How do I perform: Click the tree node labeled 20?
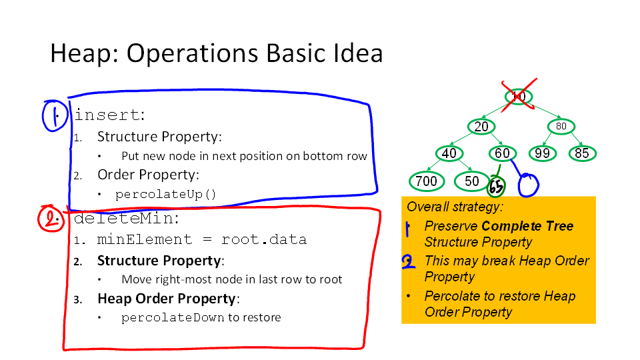point(481,127)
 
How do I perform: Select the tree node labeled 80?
point(561,126)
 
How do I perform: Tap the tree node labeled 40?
point(449,153)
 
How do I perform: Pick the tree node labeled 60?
point(503,153)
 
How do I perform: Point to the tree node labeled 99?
point(542,153)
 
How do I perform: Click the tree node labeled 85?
point(583,153)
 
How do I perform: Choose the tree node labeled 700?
point(427,181)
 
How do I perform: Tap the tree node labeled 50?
point(472,181)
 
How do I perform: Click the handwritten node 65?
point(496,187)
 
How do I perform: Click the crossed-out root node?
point(519,96)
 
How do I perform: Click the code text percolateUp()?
point(166,194)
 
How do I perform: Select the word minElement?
point(144,239)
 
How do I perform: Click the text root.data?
point(264,239)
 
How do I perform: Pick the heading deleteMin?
point(127,219)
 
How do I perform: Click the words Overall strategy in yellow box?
point(455,207)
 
